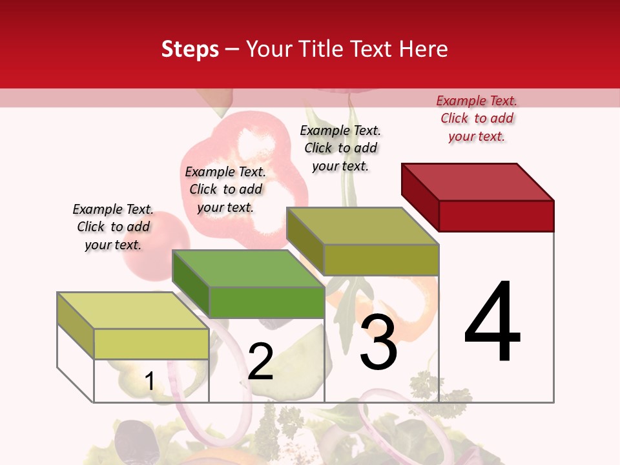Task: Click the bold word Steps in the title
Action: coord(190,50)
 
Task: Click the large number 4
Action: coord(492,323)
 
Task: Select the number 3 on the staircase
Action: coord(378,342)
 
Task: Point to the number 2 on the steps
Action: coord(260,362)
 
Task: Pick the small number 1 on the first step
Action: coord(149,382)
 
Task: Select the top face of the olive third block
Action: coord(363,227)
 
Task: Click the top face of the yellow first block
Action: coord(133,311)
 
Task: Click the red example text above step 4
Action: coord(477,119)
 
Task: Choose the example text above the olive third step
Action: coord(340,148)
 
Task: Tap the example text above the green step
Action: coord(225,189)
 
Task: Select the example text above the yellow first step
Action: coord(113,227)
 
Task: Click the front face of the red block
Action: coord(496,216)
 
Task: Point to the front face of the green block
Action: coord(266,302)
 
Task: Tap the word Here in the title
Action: coord(423,50)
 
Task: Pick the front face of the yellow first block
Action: coord(151,344)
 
